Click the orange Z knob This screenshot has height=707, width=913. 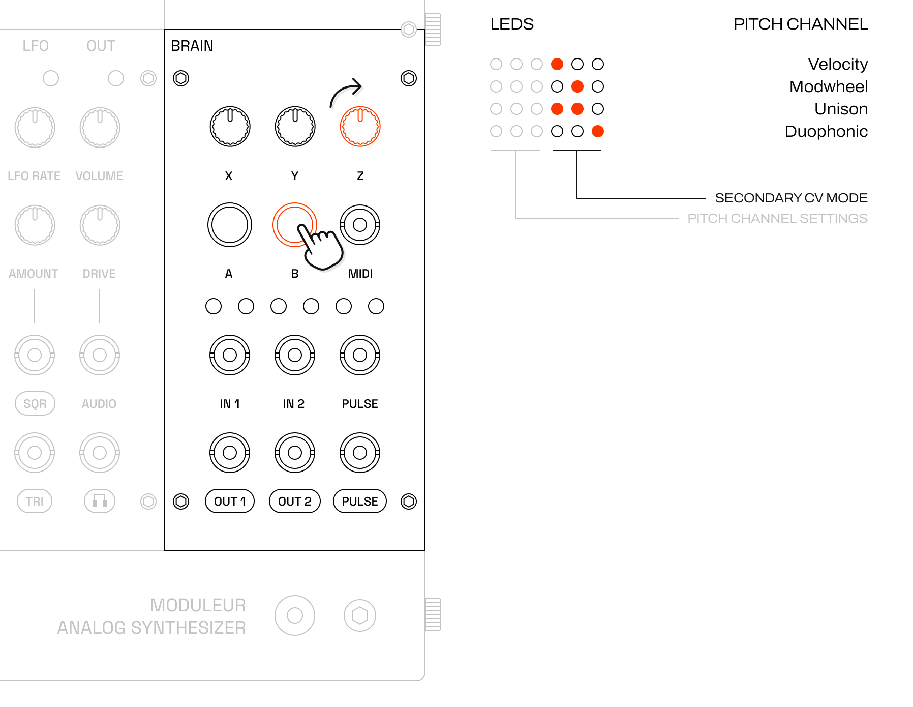click(x=360, y=127)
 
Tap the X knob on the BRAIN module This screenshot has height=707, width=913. click(x=230, y=127)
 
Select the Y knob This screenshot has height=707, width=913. click(x=295, y=127)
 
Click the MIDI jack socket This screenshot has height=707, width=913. click(x=360, y=225)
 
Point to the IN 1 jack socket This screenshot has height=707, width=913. click(x=230, y=355)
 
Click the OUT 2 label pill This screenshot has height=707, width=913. click(x=295, y=502)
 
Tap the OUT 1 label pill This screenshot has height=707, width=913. click(x=230, y=502)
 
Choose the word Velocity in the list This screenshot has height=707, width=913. click(x=838, y=65)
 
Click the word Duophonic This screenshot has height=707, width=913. click(x=826, y=132)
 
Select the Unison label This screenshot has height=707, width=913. click(x=841, y=109)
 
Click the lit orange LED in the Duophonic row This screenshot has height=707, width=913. click(x=598, y=131)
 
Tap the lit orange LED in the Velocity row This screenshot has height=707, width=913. click(x=557, y=64)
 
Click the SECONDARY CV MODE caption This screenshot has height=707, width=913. click(x=791, y=198)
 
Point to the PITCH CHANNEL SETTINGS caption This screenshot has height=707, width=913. click(x=777, y=218)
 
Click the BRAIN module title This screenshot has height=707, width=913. click(x=192, y=46)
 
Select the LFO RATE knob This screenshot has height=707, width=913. click(x=35, y=127)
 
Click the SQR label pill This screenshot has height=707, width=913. click(x=35, y=403)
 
